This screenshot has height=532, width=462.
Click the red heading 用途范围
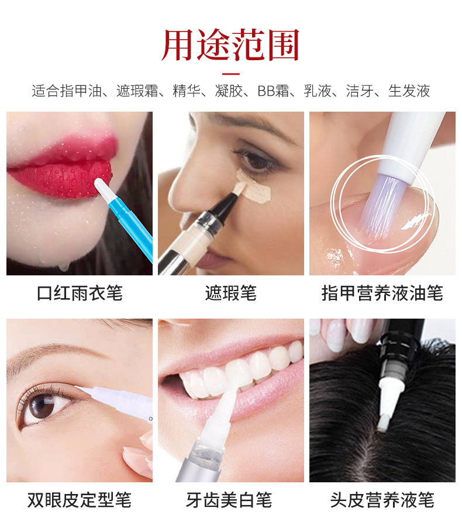[x=230, y=45]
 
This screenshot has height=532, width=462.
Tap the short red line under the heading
[x=231, y=74]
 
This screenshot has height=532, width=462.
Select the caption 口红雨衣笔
[x=80, y=293]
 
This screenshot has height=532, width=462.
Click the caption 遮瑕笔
[x=231, y=293]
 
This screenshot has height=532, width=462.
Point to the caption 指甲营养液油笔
[x=382, y=293]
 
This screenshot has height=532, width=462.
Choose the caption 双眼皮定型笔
[x=80, y=500]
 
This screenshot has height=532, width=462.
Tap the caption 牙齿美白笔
[x=229, y=500]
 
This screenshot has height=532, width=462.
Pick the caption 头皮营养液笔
[x=382, y=500]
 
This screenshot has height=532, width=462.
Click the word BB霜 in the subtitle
[x=273, y=91]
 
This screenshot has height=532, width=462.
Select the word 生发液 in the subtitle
[x=409, y=91]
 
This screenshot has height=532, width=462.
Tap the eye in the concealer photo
[x=257, y=160]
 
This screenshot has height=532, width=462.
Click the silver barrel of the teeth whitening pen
[x=199, y=465]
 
